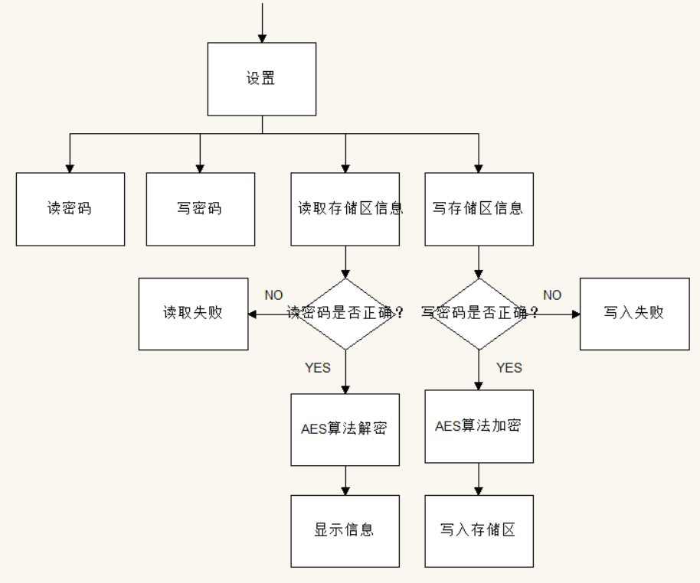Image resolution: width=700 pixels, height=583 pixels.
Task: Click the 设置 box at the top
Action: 262,79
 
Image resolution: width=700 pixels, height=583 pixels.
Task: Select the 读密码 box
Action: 70,209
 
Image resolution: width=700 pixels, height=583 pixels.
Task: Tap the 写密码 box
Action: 200,209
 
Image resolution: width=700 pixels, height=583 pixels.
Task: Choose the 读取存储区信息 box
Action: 345,209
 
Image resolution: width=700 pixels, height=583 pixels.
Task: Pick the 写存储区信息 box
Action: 479,209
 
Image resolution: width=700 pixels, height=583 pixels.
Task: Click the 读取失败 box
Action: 193,314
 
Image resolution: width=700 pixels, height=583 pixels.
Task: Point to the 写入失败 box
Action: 633,314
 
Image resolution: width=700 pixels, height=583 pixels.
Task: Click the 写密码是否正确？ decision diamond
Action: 479,314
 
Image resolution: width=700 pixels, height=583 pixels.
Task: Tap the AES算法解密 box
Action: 345,429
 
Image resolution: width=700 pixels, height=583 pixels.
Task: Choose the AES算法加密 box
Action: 479,426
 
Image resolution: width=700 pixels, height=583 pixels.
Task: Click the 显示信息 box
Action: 345,530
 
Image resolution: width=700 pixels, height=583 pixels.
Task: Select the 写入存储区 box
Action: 479,530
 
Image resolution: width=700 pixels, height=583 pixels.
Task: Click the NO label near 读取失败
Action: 273,295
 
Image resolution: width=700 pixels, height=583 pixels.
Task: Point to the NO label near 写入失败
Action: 552,295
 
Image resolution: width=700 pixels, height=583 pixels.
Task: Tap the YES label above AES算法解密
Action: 318,368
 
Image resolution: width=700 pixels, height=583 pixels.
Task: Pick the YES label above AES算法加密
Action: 509,368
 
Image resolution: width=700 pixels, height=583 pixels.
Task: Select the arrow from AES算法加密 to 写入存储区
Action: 479,479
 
